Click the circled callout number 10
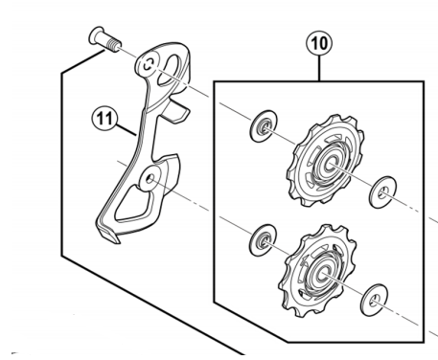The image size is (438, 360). pyautogui.click(x=319, y=43)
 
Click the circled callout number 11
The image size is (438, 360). pyautogui.click(x=104, y=119)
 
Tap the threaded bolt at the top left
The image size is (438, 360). pyautogui.click(x=104, y=40)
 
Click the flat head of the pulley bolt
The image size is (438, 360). pyautogui.click(x=96, y=35)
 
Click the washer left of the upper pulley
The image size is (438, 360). pyautogui.click(x=264, y=126)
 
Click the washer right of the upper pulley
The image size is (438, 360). pyautogui.click(x=382, y=192)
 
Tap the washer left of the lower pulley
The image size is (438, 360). pyautogui.click(x=263, y=240)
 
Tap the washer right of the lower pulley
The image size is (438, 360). pyautogui.click(x=374, y=300)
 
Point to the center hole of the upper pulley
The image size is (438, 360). pyautogui.click(x=330, y=164)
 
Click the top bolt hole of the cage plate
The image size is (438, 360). pyautogui.click(x=148, y=65)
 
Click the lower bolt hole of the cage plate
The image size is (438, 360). pyautogui.click(x=150, y=179)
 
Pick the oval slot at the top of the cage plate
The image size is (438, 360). pyautogui.click(x=172, y=70)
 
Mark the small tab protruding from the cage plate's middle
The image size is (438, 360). pyautogui.click(x=175, y=112)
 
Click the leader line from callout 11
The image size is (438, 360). pyautogui.click(x=127, y=130)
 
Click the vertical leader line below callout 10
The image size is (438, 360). pyautogui.click(x=319, y=69)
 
